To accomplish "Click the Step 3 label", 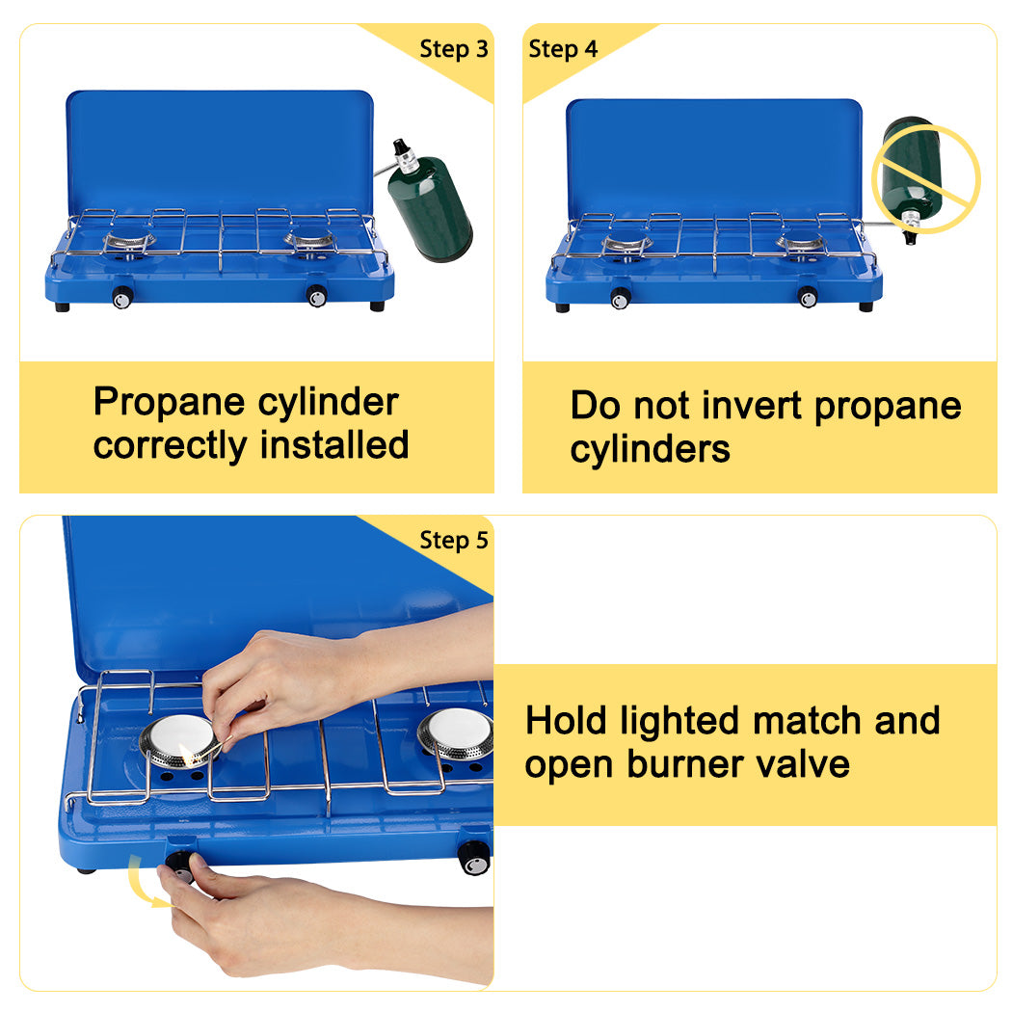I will point(453,49).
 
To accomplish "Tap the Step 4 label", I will point(563,49).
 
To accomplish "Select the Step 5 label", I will point(453,541).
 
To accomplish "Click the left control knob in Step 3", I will point(122,299).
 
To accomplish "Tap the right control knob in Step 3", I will point(316,297).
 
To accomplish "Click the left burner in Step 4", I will point(627,244).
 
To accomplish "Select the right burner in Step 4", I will point(801,243).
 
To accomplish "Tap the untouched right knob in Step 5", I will point(473,857).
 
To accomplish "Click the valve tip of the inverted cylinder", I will point(909,235).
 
